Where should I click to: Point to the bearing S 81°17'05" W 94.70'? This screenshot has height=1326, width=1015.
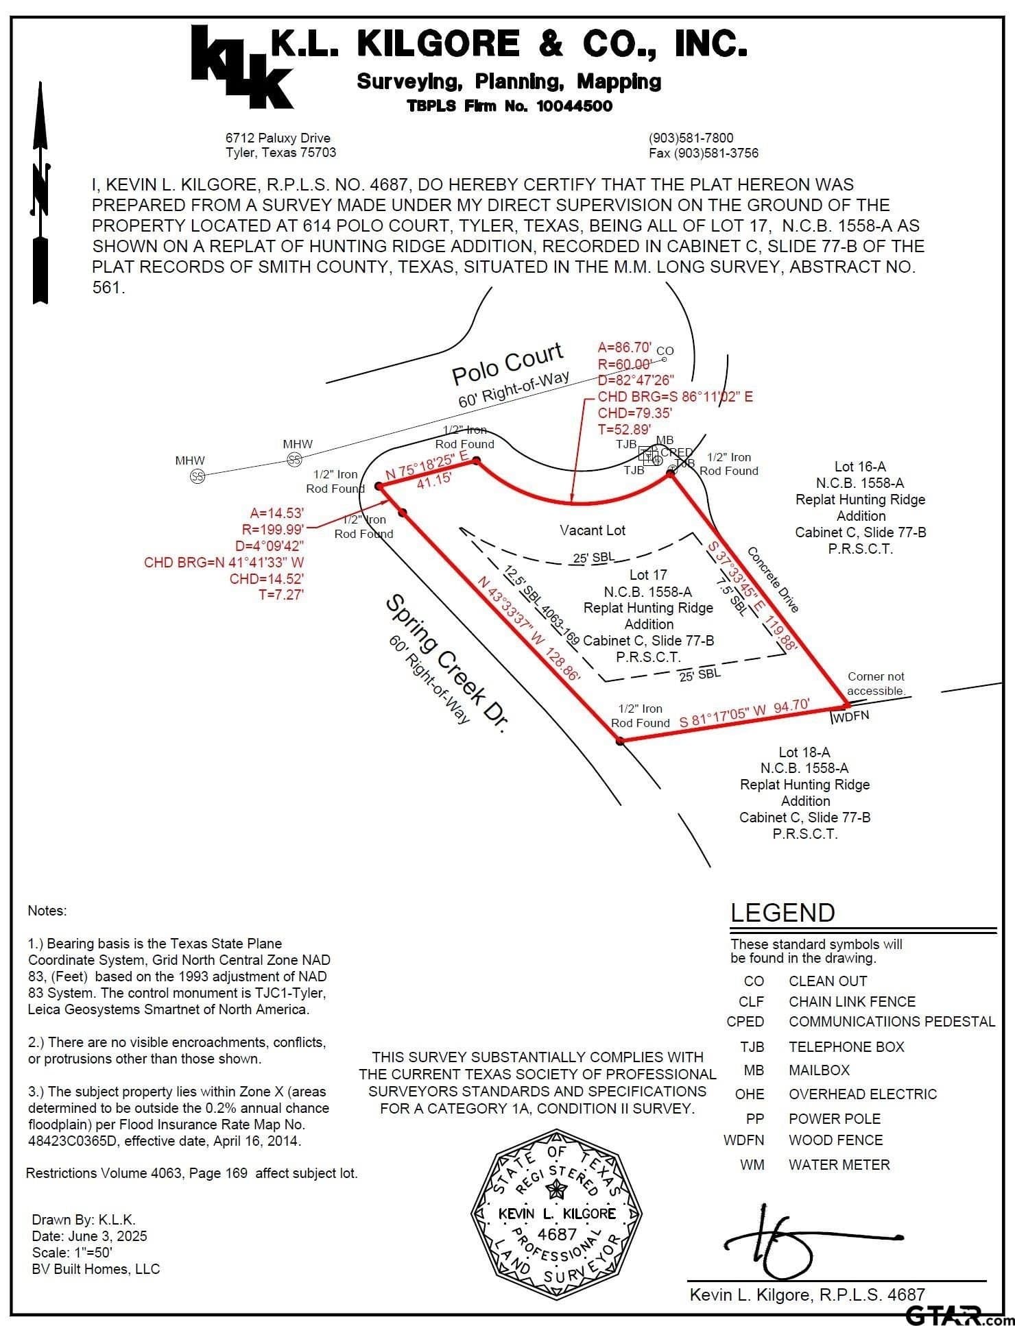tap(745, 713)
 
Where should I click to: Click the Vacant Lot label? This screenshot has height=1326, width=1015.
tap(593, 530)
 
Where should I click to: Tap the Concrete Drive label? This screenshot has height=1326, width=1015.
tap(774, 579)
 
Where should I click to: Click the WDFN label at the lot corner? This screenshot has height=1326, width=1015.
tap(850, 716)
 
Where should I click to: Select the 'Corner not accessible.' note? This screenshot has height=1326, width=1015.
tap(876, 683)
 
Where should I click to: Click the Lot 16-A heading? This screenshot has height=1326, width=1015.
tap(860, 467)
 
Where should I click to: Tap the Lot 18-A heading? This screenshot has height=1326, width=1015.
tap(804, 752)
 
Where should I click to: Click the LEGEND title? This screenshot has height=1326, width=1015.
tap(783, 913)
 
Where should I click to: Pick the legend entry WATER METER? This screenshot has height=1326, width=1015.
tap(839, 1164)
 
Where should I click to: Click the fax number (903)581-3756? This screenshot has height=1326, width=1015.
tap(704, 153)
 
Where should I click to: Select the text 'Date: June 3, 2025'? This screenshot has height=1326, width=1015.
tap(89, 1236)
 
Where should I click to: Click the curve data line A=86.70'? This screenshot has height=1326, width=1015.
tap(624, 347)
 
